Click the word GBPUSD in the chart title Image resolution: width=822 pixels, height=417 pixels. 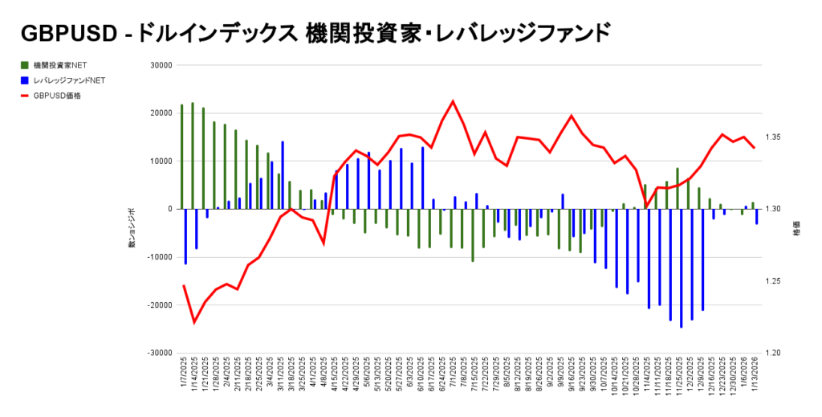tap(66, 32)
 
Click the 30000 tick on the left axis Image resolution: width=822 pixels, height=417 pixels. tap(161, 66)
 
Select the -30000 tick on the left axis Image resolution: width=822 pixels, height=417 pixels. tap(159, 353)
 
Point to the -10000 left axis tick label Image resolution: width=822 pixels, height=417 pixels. tap(159, 257)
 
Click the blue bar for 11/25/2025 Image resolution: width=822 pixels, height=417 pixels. tap(681, 268)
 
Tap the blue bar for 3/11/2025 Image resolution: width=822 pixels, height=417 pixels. tap(283, 175)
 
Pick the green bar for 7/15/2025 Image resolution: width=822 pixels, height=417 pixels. tap(473, 235)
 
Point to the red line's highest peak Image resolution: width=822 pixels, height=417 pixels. tap(453, 101)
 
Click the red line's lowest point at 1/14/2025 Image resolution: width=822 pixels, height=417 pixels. tap(193, 322)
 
